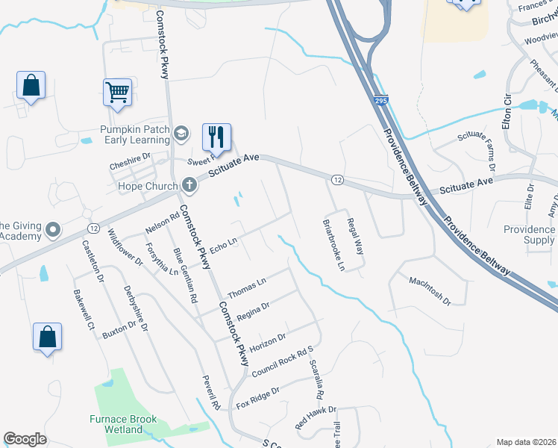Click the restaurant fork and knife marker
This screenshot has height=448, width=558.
pyautogui.click(x=216, y=137)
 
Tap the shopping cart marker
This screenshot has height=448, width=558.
pyautogui.click(x=117, y=93)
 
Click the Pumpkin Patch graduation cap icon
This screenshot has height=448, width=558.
pyautogui.click(x=181, y=134)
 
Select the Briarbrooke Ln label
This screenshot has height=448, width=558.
pyautogui.click(x=333, y=244)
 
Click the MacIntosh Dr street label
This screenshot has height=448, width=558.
pyautogui.click(x=430, y=291)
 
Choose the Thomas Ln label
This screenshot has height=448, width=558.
pyautogui.click(x=247, y=288)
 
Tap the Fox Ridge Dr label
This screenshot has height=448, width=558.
pyautogui.click(x=257, y=397)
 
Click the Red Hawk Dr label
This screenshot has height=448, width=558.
pyautogui.click(x=316, y=417)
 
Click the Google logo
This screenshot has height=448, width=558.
pyautogui.click(x=25, y=439)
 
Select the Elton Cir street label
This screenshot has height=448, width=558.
pyautogui.click(x=507, y=111)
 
